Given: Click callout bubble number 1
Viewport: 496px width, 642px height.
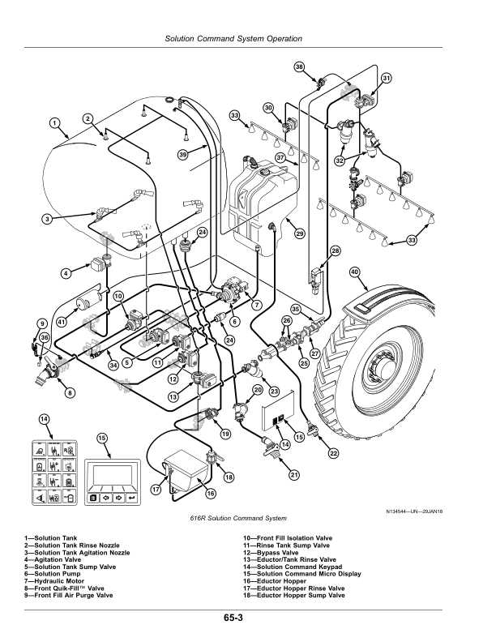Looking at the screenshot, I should click(x=55, y=123).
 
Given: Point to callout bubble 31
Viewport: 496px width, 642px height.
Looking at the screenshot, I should click(x=387, y=78).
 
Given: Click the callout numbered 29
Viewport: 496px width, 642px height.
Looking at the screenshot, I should click(x=299, y=233).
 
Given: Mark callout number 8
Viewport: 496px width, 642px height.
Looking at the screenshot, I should click(x=70, y=393).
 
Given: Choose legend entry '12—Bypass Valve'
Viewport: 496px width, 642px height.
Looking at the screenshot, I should click(x=271, y=552).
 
